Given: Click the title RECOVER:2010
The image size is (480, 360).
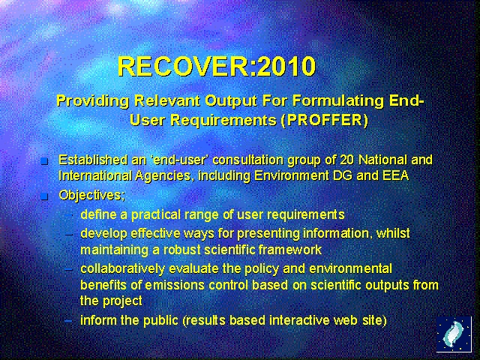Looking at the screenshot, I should tap(217, 67).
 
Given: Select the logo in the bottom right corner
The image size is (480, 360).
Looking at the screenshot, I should tap(454, 334).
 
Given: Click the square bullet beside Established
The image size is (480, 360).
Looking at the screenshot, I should tap(44, 160).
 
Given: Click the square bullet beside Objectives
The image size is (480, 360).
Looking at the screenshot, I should tap(44, 196).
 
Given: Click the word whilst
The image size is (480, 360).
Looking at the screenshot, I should tap(394, 233).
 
